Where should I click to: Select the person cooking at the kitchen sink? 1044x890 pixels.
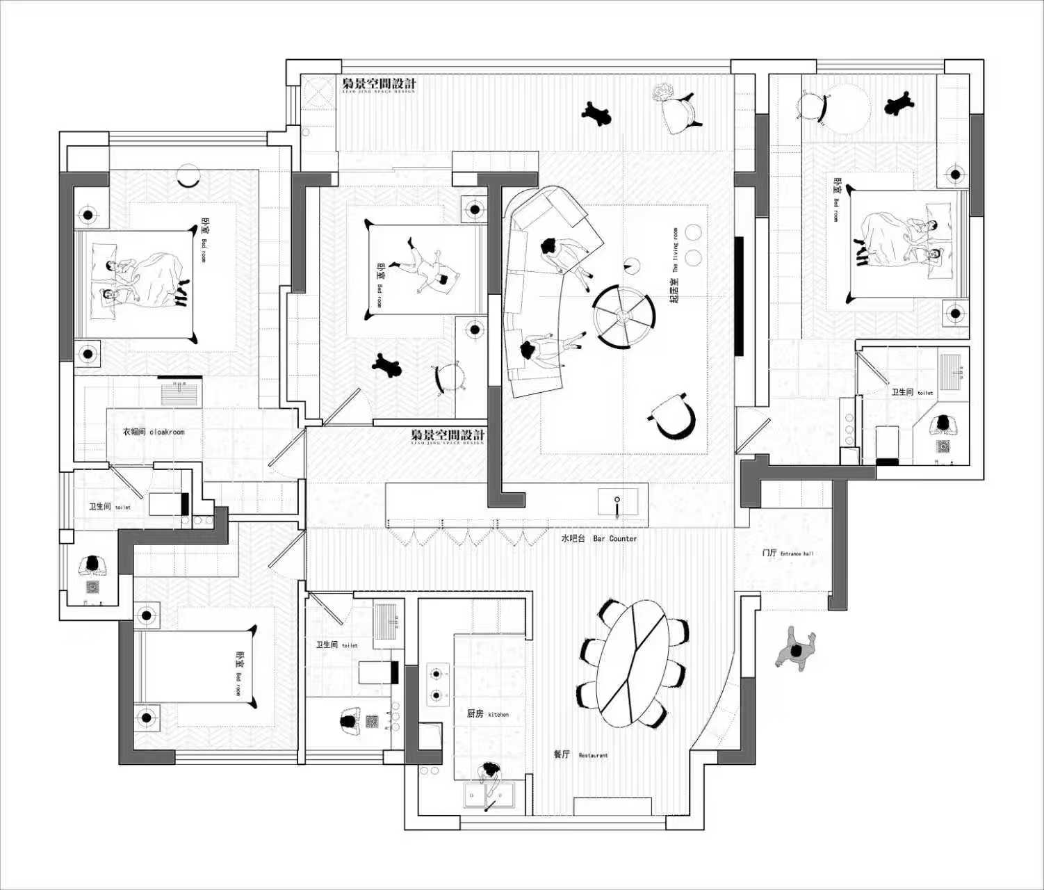point(490,775)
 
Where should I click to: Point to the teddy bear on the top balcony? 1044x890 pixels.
point(596,113)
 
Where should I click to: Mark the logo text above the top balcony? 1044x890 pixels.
point(379,85)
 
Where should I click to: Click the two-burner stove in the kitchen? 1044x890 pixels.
point(437,683)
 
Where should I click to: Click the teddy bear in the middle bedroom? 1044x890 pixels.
point(386,365)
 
